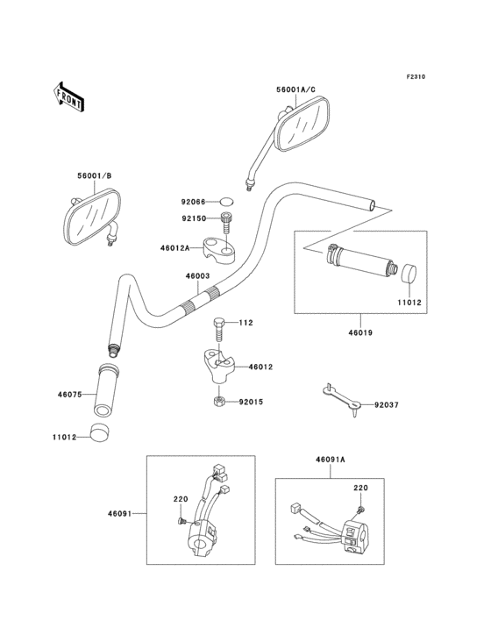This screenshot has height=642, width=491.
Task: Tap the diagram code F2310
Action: [415, 77]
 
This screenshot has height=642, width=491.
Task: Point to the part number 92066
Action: [195, 202]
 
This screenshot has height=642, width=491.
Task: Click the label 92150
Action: [195, 218]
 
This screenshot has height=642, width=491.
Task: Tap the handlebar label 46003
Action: [197, 275]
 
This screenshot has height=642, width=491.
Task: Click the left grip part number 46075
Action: [70, 395]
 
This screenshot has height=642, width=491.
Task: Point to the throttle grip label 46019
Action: [359, 333]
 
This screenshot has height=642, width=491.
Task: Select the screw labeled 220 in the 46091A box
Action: [360, 509]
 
